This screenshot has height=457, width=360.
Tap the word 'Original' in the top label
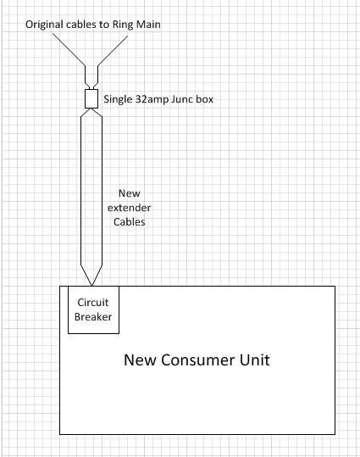coord(45,25)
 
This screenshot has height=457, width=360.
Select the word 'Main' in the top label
coord(148,25)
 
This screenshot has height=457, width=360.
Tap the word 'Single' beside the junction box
coord(119,100)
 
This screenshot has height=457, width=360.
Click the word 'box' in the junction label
coord(204,99)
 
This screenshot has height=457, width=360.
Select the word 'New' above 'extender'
coord(130,193)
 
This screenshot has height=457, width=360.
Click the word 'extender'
coord(129,208)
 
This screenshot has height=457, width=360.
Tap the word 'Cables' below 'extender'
coord(130,222)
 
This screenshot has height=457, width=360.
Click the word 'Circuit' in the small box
coord(93,303)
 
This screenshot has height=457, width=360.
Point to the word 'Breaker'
coord(93,317)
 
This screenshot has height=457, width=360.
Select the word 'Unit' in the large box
coord(255,360)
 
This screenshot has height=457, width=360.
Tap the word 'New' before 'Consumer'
coord(141,360)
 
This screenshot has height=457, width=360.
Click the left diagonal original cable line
coord(69,49)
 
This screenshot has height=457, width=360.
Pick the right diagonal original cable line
coord(113,51)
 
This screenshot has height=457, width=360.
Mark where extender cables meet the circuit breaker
coord(91,286)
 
